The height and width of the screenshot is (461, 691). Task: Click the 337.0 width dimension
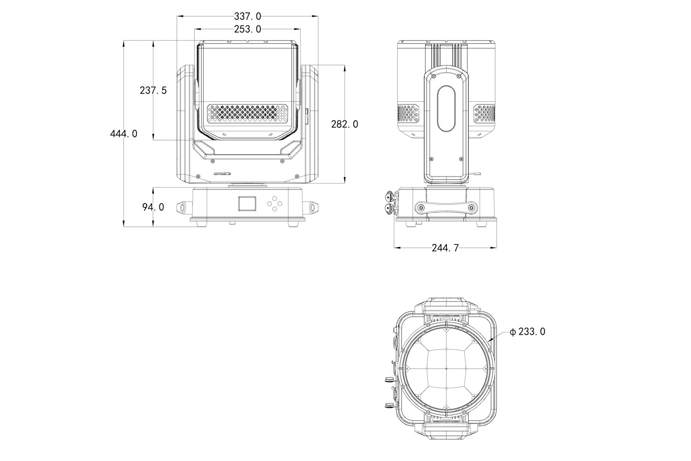pos(247,16)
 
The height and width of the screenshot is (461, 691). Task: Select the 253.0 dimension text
pos(247,30)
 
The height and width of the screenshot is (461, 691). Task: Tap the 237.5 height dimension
pos(153,90)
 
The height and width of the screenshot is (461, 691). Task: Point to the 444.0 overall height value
pos(124,134)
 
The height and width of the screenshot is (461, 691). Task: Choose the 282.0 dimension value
pos(345,124)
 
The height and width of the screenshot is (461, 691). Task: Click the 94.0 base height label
pos(153,207)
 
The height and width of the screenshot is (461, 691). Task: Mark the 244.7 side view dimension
pos(445,248)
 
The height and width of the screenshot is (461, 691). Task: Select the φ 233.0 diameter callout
pos(527,332)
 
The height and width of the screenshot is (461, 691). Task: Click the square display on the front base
pos(247,203)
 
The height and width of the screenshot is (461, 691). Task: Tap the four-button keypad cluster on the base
pos(274,203)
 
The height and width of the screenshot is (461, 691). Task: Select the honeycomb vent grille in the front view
pos(247,113)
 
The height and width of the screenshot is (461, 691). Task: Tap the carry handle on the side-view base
pos(446,207)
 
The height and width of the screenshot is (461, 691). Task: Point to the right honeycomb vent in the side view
pos(484,113)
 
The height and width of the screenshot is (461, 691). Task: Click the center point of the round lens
pos(446,369)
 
